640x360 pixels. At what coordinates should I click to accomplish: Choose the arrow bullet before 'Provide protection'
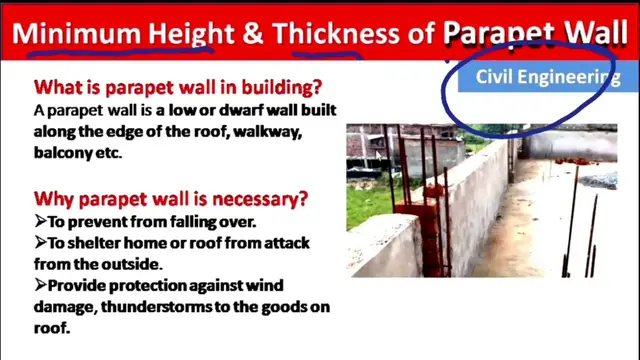coord(40,285)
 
